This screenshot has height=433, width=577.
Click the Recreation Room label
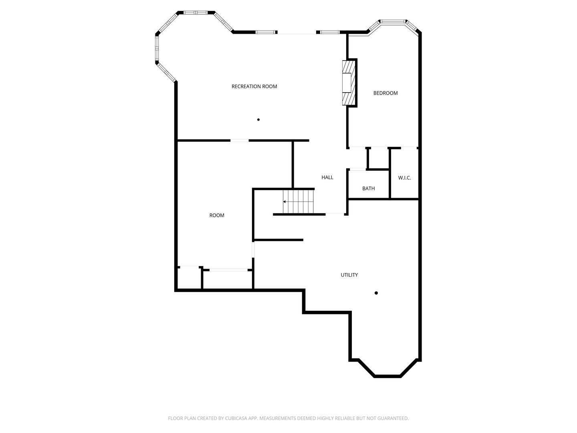tap(254, 87)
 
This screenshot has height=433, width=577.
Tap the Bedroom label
tap(385, 93)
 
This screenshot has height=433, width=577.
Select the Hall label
tap(327, 178)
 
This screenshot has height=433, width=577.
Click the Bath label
tap(368, 188)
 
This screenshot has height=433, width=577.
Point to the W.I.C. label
tap(404, 178)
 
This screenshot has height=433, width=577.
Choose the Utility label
tap(349, 275)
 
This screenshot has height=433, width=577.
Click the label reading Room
tap(217, 216)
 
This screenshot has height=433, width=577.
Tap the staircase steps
tap(299, 202)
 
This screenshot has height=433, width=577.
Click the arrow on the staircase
tap(285, 202)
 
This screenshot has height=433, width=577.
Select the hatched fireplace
tap(348, 83)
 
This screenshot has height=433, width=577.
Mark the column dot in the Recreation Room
tap(258, 119)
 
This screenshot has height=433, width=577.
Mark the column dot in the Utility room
tap(376, 293)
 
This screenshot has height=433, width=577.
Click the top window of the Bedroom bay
tap(393, 22)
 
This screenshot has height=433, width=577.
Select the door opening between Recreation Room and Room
tap(240, 140)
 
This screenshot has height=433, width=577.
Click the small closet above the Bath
tap(378, 158)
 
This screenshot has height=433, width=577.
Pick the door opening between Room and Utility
tap(253, 249)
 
